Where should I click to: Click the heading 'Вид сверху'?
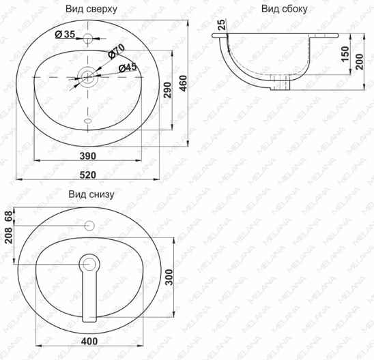tap(91, 9)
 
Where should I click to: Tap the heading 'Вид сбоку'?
tap(285, 9)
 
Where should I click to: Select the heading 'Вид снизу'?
tap(91, 194)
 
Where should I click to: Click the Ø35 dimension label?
tap(65, 34)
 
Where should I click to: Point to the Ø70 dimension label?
tap(117, 51)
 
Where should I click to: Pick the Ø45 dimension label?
tap(128, 67)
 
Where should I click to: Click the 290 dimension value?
tap(168, 90)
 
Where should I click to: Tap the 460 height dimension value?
tap(184, 83)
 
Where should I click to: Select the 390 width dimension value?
tap(88, 156)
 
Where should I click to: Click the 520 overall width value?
tap(88, 175)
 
